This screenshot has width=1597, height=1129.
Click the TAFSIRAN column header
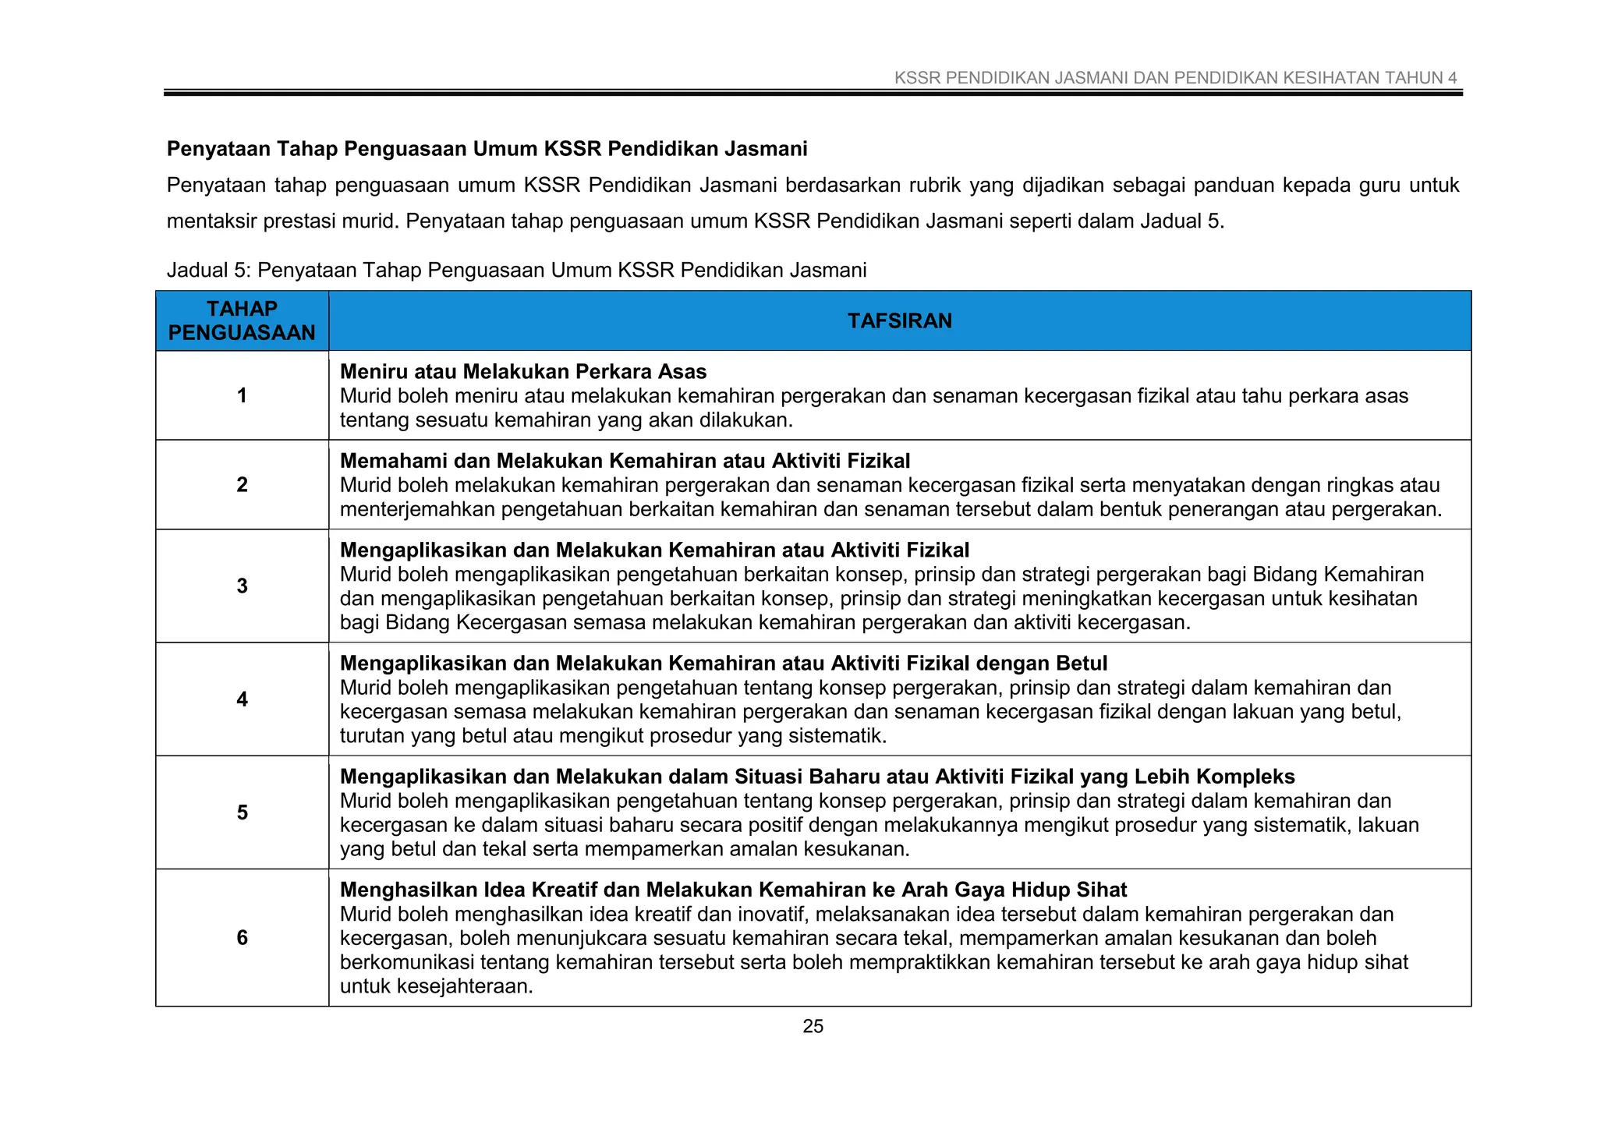click(x=899, y=321)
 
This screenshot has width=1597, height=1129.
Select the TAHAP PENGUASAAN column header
click(x=242, y=321)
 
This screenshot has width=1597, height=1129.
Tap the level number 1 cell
click(x=242, y=395)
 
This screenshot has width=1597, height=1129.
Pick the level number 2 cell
click(x=242, y=485)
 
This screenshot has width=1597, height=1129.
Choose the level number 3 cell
click(x=242, y=586)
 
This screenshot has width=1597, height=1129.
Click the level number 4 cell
click(x=242, y=699)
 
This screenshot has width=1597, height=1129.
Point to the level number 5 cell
click(x=242, y=812)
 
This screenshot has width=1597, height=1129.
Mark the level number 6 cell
click(x=242, y=937)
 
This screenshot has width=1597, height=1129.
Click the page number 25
click(x=813, y=1027)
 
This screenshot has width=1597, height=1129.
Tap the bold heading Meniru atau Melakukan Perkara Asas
click(x=523, y=372)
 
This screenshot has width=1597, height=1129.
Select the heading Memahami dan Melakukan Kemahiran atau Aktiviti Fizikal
click(x=625, y=462)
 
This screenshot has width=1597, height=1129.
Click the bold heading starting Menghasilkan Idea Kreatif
click(x=733, y=890)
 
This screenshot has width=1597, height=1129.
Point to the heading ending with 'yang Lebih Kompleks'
click(x=817, y=777)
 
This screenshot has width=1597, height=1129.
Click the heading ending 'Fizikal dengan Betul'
click(x=724, y=664)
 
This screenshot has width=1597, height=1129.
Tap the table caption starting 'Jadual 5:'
click(x=516, y=271)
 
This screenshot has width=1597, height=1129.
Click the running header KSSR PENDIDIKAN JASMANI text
click(x=1175, y=78)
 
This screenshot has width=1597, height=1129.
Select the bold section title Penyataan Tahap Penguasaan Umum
click(x=487, y=149)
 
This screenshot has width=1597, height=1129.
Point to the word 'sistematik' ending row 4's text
click(x=834, y=736)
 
